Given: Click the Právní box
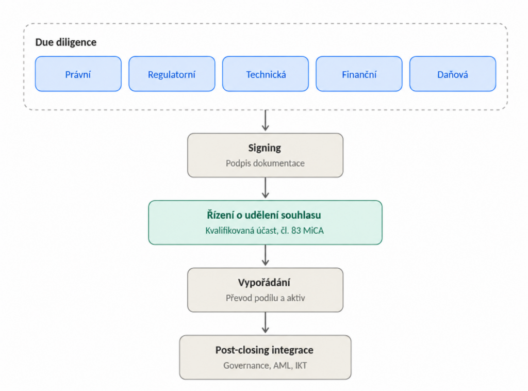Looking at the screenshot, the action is click(78, 74).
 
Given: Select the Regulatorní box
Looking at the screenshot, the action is click(172, 74).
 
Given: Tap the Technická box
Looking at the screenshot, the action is click(266, 74).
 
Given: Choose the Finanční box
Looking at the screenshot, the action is click(359, 74).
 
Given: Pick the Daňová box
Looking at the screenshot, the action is click(453, 74).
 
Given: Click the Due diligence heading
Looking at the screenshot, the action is click(66, 42).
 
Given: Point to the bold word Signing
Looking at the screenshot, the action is click(265, 148).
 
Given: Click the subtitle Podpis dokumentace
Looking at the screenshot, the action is click(265, 164).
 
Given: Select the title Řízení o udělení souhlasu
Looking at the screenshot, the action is click(264, 215).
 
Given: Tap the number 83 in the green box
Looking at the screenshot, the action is click(296, 231).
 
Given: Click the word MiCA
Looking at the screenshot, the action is click(313, 231).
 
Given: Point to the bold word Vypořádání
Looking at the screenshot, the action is click(264, 283).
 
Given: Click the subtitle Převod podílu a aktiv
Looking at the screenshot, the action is click(266, 298).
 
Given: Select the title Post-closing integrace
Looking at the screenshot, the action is click(265, 350).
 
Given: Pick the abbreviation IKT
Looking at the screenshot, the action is click(301, 366).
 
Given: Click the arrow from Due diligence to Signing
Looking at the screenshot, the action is click(266, 120).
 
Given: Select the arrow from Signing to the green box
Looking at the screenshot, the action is click(266, 188).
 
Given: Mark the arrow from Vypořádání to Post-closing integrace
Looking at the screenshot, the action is click(266, 322).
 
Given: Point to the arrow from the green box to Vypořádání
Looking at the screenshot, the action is click(266, 255).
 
